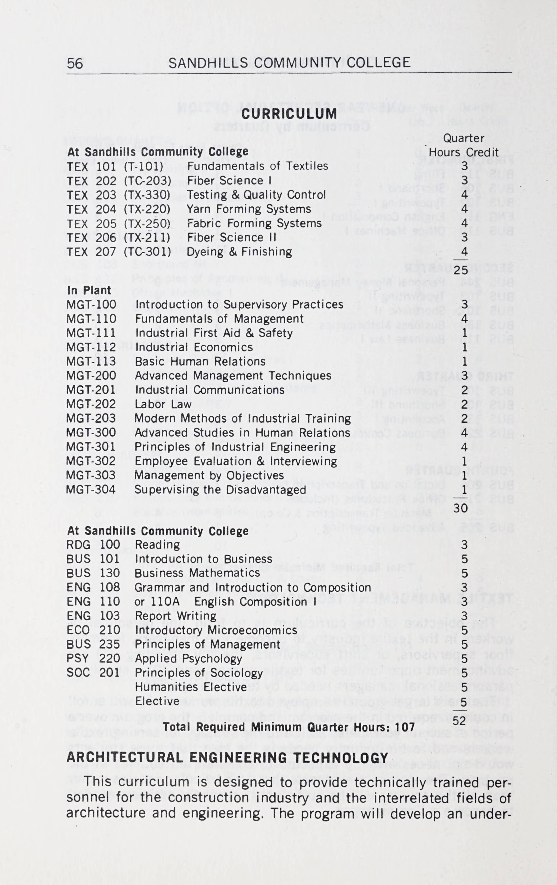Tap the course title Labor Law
tap(163, 404)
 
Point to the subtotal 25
tap(460, 270)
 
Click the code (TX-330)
tap(147, 195)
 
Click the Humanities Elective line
tap(191, 687)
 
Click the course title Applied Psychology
tap(189, 659)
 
